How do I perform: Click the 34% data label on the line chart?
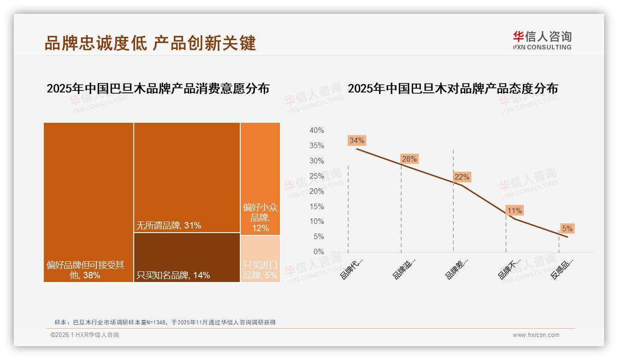coord(357,140)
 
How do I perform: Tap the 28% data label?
coord(409,159)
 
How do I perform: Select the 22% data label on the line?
coord(462,177)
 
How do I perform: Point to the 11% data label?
coord(514,210)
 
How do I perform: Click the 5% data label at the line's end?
coord(567,228)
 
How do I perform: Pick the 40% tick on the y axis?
coord(316,131)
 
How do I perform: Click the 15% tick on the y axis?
coord(316,206)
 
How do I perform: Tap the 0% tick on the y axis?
coord(318,252)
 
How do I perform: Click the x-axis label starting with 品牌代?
coord(352,269)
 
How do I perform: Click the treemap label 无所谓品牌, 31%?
coord(169,226)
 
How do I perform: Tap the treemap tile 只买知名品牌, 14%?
coord(187,258)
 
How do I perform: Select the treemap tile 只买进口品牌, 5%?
coord(260,259)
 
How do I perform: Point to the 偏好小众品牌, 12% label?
coord(260,217)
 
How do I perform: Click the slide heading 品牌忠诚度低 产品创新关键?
coord(150,43)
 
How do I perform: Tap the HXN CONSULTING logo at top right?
coord(542,41)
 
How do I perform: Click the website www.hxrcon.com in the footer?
coord(536,335)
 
